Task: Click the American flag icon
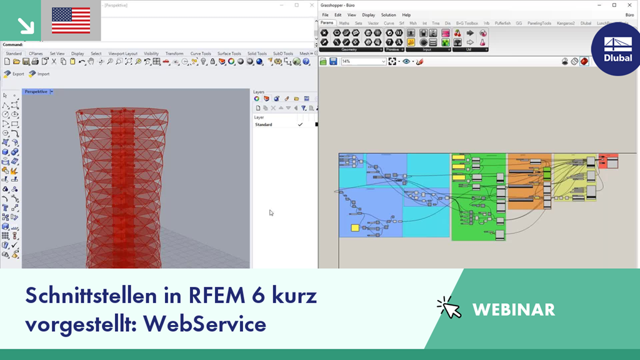click(71, 20)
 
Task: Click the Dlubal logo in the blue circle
click(617, 49)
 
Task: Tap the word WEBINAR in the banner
click(514, 309)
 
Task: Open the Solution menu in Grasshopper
click(388, 14)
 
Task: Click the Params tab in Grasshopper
click(327, 23)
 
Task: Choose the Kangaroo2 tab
click(566, 23)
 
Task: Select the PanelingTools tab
click(539, 23)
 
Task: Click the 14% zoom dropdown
click(362, 61)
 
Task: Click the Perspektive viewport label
click(36, 92)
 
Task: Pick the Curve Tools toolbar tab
click(201, 54)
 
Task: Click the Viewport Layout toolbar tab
click(123, 54)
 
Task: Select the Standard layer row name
click(264, 124)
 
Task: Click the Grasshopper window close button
click(629, 5)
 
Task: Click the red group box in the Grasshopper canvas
click(608, 161)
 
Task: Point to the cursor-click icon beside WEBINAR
click(449, 307)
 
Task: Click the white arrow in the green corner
click(25, 25)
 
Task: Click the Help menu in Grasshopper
click(406, 14)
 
